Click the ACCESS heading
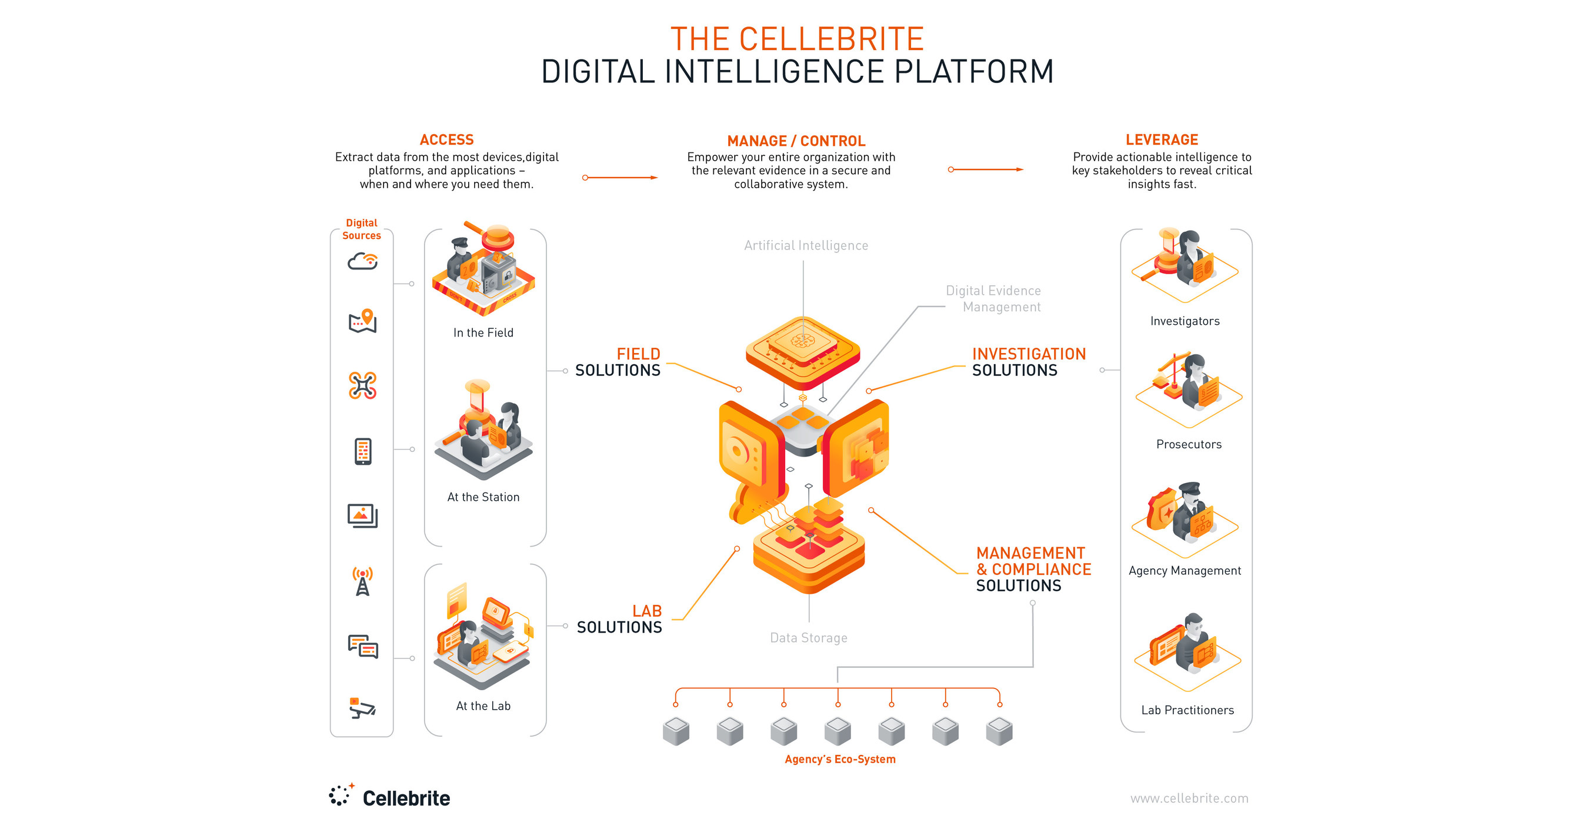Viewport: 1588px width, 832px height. (446, 140)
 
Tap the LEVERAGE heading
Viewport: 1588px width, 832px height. (1162, 140)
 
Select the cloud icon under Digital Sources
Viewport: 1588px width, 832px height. (362, 261)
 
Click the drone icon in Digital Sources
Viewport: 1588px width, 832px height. (362, 385)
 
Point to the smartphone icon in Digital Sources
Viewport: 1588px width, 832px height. (362, 451)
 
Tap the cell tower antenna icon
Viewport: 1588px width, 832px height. (362, 581)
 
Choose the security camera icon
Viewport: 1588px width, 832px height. (362, 708)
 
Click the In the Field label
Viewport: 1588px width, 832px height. (483, 332)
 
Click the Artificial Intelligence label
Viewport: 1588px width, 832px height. (806, 245)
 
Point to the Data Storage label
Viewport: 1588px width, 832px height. (808, 638)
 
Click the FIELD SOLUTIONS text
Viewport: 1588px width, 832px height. (618, 362)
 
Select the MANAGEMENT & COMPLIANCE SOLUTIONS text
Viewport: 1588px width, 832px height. (1033, 569)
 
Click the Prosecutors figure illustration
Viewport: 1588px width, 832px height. (1189, 388)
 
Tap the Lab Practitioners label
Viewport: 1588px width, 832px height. (1187, 710)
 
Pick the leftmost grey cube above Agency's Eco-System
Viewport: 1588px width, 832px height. (676, 731)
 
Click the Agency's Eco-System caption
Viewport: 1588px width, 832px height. (840, 759)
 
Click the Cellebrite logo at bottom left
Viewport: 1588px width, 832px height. (389, 797)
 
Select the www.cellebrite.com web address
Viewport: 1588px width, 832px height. (1189, 798)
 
